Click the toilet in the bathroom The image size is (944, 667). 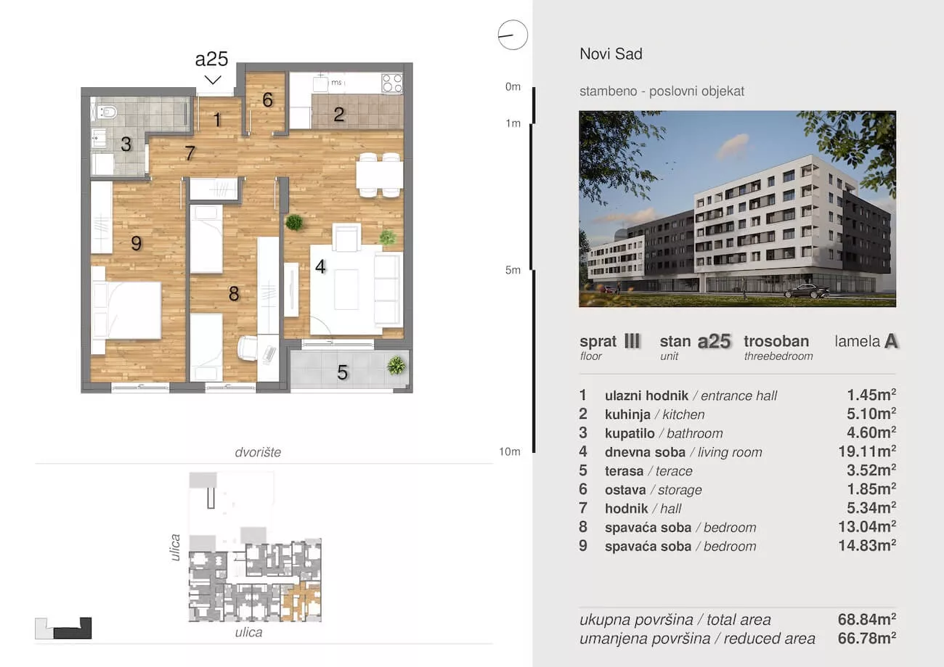(x=107, y=112)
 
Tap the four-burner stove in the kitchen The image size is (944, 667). (x=392, y=83)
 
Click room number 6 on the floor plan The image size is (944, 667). (x=267, y=100)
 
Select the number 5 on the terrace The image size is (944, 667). (x=342, y=372)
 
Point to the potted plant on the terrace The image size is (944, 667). (x=396, y=365)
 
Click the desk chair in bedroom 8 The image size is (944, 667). (x=248, y=348)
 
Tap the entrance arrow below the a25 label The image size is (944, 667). (x=213, y=80)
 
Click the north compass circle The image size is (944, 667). (x=513, y=35)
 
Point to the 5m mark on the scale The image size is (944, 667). (x=513, y=270)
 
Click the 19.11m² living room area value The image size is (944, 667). (x=867, y=451)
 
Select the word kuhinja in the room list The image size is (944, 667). (x=627, y=414)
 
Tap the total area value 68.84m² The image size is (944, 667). (x=867, y=619)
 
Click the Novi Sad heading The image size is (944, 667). (x=611, y=54)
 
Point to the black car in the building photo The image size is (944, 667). (x=807, y=291)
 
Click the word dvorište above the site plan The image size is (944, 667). (x=258, y=452)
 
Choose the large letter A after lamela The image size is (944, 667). (x=891, y=341)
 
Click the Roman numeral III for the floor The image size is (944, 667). (x=632, y=340)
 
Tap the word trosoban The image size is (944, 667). (x=776, y=341)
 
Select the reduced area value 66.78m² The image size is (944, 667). (x=867, y=639)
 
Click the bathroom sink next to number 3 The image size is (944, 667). (x=99, y=138)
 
